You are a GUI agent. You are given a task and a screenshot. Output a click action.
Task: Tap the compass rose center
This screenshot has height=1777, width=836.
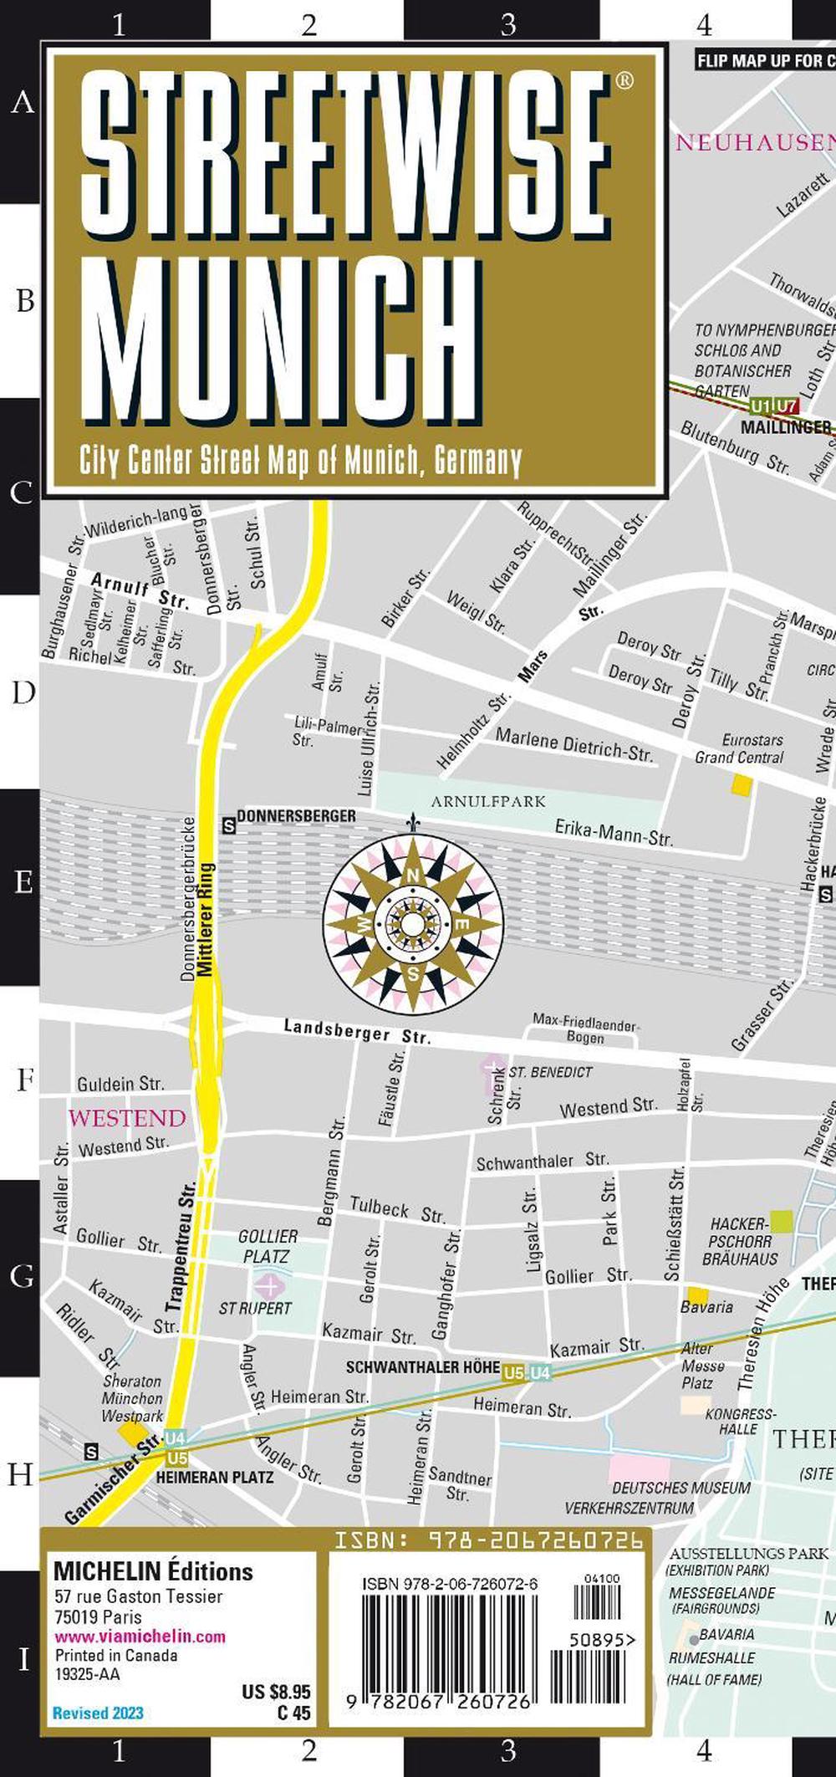pos(413,923)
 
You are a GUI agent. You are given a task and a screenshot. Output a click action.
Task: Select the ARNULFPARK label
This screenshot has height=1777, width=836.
pos(488,801)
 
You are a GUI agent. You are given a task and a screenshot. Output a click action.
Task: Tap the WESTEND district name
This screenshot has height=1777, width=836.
pos(127,1118)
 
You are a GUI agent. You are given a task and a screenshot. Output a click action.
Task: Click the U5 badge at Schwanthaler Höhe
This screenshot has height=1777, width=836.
pos(513,1372)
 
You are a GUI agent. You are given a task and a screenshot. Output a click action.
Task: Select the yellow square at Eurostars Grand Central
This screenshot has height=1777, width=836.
pos(742,784)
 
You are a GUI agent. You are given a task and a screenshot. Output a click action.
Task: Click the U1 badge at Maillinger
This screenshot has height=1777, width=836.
pos(760,407)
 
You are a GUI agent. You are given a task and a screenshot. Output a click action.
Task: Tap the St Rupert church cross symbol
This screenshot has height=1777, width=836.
pos(269,1284)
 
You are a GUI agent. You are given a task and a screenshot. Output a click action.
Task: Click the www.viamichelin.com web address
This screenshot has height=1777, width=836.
pos(140,1637)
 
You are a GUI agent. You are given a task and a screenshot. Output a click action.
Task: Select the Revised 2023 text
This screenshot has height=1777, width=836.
pos(98,1713)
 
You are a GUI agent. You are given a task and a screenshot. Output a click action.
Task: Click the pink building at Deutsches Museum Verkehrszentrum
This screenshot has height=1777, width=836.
pos(639,1468)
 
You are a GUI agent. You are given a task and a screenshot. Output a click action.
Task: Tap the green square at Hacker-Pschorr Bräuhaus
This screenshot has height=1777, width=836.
pos(781,1220)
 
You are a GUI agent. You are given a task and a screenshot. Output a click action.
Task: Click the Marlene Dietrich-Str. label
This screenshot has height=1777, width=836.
pos(573,744)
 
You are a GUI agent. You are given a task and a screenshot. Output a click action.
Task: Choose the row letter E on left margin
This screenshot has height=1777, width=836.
pos(23,882)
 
